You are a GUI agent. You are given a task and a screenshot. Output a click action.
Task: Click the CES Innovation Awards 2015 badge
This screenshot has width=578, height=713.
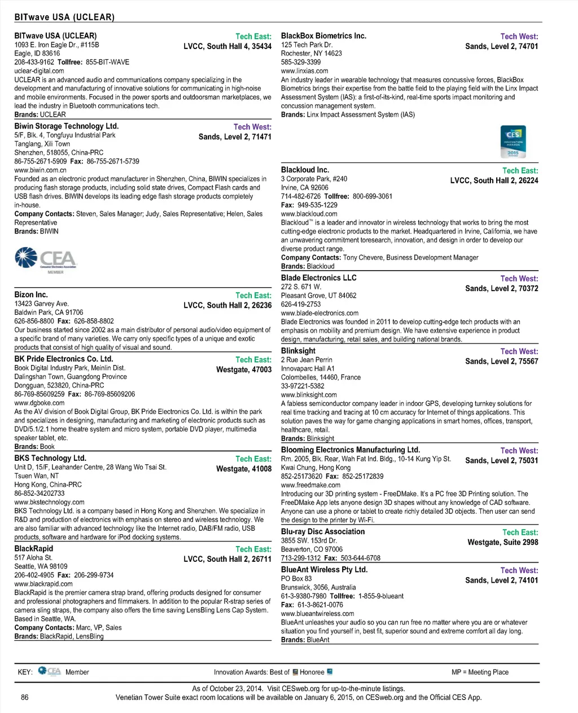(x=513, y=142)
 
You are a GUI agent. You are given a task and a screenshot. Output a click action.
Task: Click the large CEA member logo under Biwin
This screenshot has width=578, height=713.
(x=46, y=260)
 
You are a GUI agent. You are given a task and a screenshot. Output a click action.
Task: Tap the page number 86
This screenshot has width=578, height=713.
(x=25, y=697)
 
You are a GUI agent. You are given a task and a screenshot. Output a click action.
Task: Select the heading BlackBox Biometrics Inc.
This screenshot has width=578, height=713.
(x=323, y=36)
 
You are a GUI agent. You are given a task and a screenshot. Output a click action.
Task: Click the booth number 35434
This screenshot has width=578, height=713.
(x=261, y=46)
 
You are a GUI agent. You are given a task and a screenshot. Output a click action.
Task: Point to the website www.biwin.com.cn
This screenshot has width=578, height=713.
(x=40, y=170)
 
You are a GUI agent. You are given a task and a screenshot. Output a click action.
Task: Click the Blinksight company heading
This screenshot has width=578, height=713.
(x=298, y=351)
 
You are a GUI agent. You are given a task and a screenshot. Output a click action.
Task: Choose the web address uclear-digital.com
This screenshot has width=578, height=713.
(x=39, y=71)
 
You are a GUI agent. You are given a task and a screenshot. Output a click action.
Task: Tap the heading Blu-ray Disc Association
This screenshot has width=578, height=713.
(x=323, y=531)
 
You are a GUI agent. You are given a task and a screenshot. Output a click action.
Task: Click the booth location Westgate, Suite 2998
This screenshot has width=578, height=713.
(x=502, y=542)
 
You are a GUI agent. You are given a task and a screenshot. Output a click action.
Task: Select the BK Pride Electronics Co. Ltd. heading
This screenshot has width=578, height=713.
(x=64, y=359)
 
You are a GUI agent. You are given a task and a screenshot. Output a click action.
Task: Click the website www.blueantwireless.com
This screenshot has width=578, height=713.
(x=317, y=614)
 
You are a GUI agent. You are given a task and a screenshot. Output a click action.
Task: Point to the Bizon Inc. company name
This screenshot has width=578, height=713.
(x=31, y=294)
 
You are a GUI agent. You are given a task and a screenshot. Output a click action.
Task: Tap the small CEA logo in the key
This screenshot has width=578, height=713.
(x=50, y=671)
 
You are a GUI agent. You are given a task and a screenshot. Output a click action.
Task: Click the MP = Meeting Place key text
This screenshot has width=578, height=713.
(x=480, y=672)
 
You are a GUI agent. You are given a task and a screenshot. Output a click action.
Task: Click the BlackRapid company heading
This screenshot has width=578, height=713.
(x=34, y=548)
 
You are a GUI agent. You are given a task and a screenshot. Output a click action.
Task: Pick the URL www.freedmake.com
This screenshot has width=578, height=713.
(x=310, y=485)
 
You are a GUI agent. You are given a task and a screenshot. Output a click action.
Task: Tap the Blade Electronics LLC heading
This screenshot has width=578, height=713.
(x=318, y=278)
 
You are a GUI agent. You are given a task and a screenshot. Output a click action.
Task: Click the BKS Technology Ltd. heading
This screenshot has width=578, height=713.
(x=50, y=458)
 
